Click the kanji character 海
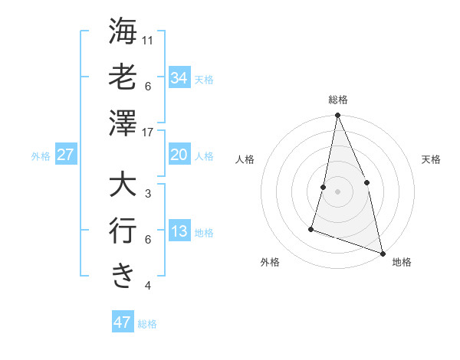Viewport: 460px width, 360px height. pos(123,31)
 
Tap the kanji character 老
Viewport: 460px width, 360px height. pos(123,77)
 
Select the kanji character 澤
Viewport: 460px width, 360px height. pos(123,123)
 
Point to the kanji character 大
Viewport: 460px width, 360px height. pos(123,185)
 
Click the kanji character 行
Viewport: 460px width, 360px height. pos(123,231)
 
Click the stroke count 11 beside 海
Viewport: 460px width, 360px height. pos(149,40)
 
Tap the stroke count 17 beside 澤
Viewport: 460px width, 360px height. pos(149,132)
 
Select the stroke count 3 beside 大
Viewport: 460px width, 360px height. pos(148,194)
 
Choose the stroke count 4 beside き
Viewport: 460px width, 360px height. pos(148,286)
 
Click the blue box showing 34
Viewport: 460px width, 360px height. pos(179,77)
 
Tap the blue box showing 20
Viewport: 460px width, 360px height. pos(179,155)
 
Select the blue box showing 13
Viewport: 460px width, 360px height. pos(179,231)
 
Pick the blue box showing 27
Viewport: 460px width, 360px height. pos(65,155)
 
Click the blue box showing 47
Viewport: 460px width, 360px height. pos(122,322)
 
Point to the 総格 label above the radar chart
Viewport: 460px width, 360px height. pos(338,100)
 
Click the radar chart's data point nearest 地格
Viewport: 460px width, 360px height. pos(382,253)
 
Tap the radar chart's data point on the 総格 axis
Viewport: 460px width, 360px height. pos(337,116)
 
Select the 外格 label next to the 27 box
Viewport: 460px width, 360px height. pos(41,156)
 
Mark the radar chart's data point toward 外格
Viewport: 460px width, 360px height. pos(311,228)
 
